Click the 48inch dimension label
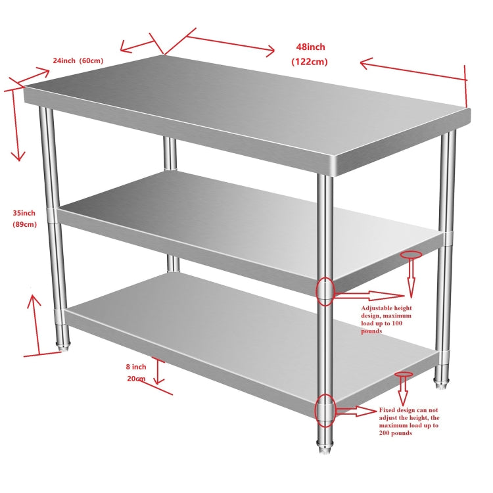pyautogui.click(x=310, y=47)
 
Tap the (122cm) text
pyautogui.click(x=310, y=62)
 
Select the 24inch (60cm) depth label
pyautogui.click(x=78, y=61)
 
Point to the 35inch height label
pyautogui.click(x=24, y=213)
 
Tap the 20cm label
pyautogui.click(x=136, y=379)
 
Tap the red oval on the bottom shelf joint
pyautogui.click(x=325, y=410)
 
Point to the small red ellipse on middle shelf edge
pyautogui.click(x=411, y=254)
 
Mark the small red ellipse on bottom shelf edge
pyautogui.click(x=404, y=374)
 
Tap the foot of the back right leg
pyautogui.click(x=440, y=379)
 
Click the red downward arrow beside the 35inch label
pyautogui.click(x=16, y=125)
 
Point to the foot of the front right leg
pyautogui.click(x=325, y=450)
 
